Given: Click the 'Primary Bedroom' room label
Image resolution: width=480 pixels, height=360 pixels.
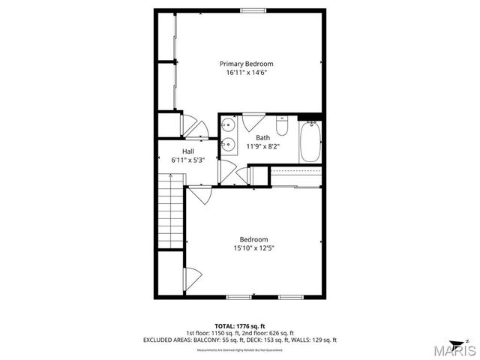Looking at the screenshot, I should (x=247, y=64).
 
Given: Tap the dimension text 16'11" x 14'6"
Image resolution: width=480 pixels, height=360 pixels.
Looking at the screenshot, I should (x=247, y=73).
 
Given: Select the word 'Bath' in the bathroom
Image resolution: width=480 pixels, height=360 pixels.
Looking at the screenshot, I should (x=262, y=137).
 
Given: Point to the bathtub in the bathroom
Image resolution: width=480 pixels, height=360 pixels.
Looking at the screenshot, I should (x=311, y=142).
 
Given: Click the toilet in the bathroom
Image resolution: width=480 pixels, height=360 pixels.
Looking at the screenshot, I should (x=282, y=127).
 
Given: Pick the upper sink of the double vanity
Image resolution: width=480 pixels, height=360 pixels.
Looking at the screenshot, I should (x=230, y=125).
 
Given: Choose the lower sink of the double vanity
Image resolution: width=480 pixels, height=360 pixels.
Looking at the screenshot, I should (x=230, y=145).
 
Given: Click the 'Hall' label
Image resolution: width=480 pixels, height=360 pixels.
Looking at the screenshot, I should (x=188, y=151).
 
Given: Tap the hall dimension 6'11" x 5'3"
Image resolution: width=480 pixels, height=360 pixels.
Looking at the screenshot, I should (x=188, y=160).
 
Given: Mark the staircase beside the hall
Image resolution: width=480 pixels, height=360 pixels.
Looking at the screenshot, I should (x=170, y=210).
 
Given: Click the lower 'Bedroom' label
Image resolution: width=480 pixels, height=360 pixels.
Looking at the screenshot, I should (x=253, y=239).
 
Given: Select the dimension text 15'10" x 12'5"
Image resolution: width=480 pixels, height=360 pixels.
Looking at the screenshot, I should (x=253, y=248).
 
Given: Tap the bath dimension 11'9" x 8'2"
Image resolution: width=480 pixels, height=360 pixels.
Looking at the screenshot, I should (x=262, y=147).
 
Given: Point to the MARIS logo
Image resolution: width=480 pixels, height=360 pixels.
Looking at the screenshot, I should (x=451, y=349).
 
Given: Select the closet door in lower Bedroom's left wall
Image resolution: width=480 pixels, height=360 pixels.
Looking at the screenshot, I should (x=190, y=277).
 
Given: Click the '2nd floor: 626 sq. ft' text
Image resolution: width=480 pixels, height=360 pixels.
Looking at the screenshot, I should (x=271, y=332).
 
